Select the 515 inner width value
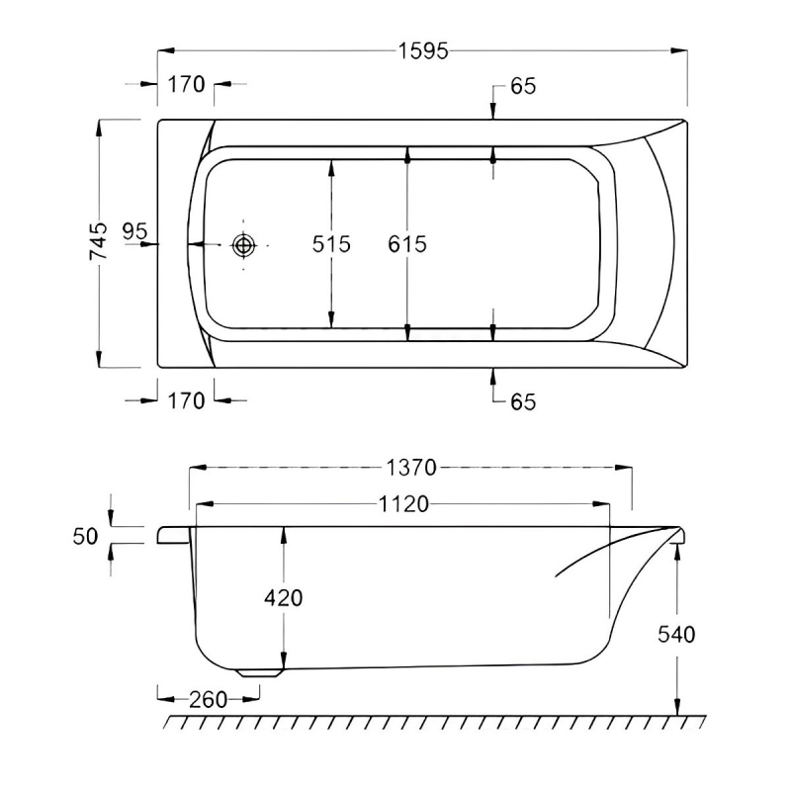pos(331,243)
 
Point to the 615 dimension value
pos(407,243)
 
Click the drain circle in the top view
pos(242,244)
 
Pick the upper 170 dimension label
pos(186,85)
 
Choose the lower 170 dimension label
pos(186,400)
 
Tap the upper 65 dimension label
pos(523,87)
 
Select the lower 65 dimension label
pos(523,401)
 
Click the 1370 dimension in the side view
pos(411,467)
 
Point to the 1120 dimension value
pos(403,504)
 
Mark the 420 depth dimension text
pos(284,597)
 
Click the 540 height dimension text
pos(676,634)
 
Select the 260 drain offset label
pos(207,699)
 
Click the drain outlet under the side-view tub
pos(260,671)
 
